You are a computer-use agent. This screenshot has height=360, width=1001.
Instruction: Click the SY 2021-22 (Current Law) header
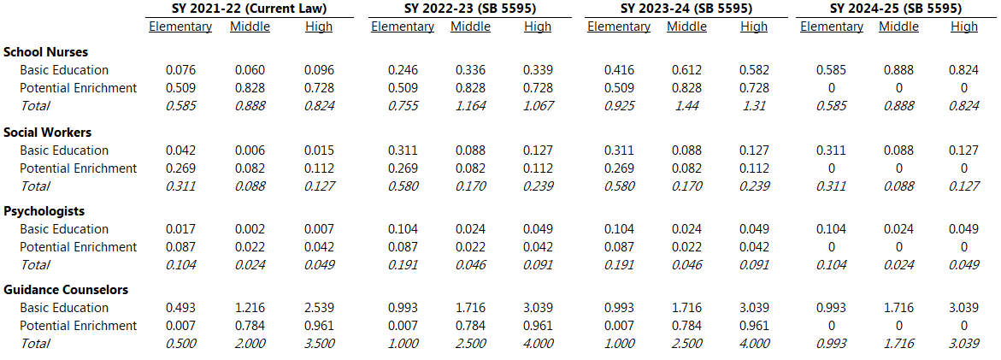click(249, 9)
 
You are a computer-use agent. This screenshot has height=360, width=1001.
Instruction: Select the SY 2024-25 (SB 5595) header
click(895, 9)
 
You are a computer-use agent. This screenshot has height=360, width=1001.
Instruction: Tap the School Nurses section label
click(46, 52)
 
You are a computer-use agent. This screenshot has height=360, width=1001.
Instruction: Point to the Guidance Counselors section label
click(66, 290)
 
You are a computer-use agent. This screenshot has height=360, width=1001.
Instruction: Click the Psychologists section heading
click(44, 211)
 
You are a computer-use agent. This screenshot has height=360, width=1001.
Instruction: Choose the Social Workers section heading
click(47, 133)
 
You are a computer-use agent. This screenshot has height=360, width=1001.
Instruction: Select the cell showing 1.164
click(470, 106)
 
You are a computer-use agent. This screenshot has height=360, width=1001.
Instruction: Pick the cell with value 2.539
click(320, 308)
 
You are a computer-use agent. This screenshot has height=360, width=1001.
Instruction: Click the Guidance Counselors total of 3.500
click(320, 344)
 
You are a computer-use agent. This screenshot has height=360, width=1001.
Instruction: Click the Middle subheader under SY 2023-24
click(687, 27)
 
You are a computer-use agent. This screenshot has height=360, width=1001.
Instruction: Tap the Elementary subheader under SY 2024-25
click(831, 27)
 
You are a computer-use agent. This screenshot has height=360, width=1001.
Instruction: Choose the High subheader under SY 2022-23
click(538, 27)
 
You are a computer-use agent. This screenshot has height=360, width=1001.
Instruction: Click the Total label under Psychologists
click(35, 264)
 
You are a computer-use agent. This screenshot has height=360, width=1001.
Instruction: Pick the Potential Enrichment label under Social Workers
click(79, 168)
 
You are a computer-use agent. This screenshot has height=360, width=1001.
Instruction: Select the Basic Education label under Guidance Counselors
click(64, 308)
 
